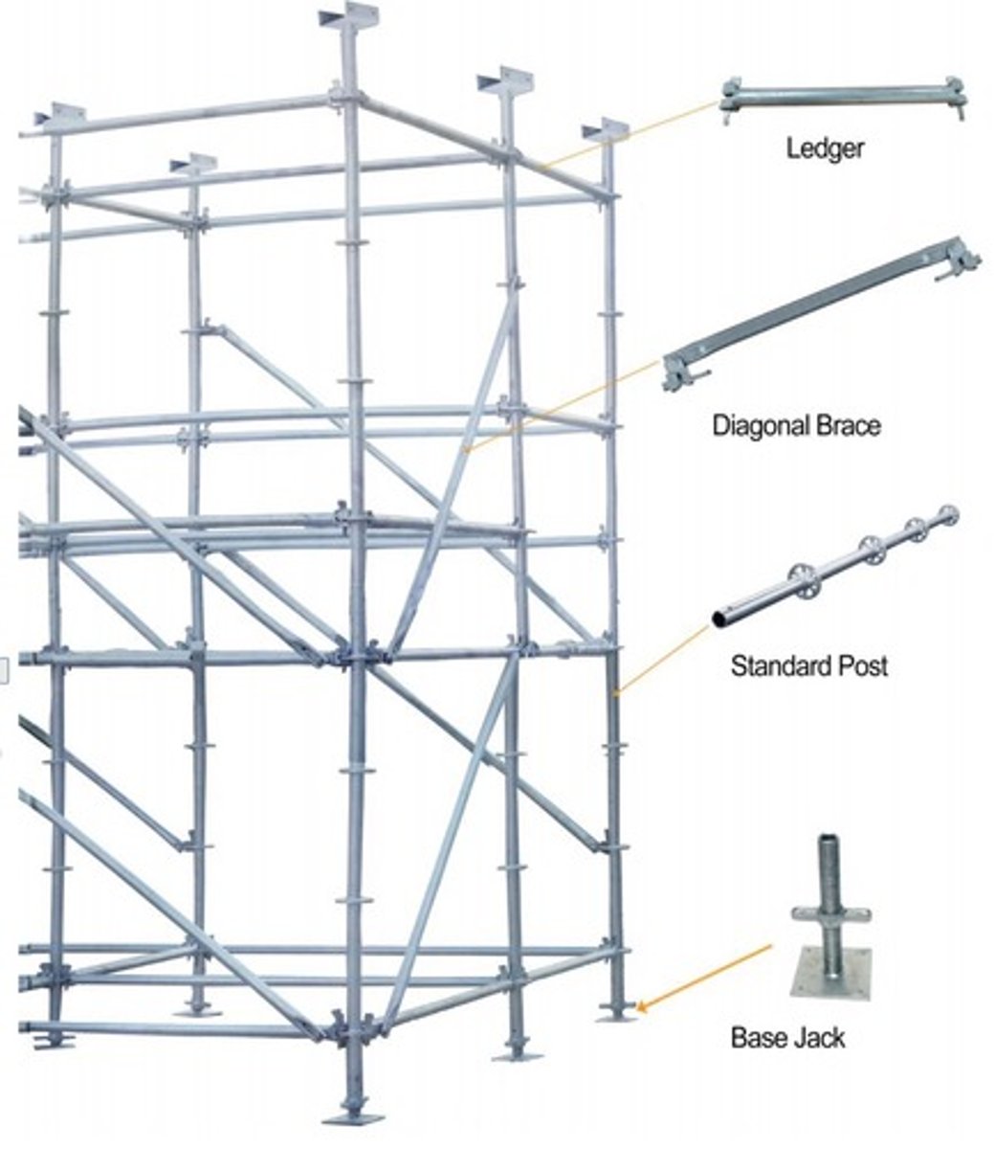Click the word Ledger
coord(825,148)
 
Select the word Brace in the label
coord(847,424)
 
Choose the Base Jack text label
coord(787,1037)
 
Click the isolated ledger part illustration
coord(842,96)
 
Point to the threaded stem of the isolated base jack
coord(829,871)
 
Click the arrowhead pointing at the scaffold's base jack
coord(642,1005)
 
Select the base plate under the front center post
coord(352,1117)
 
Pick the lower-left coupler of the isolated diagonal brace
coord(686,372)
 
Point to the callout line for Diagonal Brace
coord(564,403)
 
